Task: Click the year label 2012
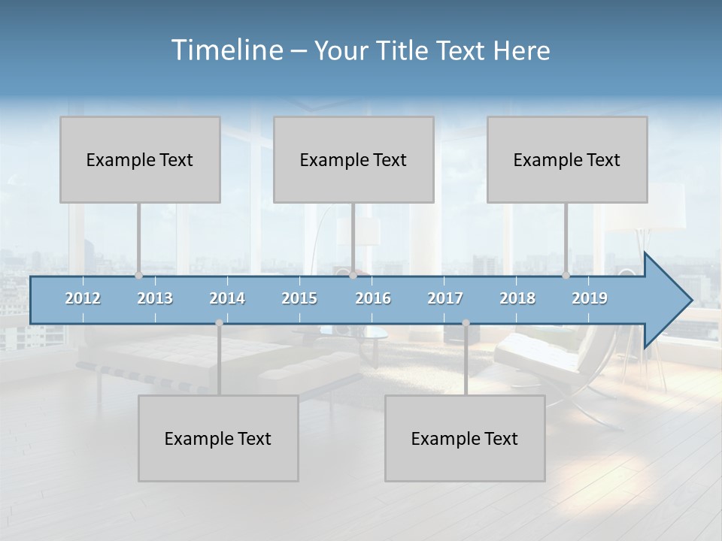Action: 83,298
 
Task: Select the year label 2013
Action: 155,298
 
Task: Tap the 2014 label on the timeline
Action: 227,298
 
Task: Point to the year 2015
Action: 299,298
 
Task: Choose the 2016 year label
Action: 373,298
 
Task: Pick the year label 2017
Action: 445,298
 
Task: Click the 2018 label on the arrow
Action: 517,298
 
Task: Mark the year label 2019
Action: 590,298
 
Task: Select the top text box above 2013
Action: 140,159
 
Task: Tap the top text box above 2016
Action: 353,159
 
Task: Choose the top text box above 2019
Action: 567,159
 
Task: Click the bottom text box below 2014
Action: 218,438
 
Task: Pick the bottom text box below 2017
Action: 465,438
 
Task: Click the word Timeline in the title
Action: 226,50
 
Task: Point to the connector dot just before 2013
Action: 138,275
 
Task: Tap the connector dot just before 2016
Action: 353,275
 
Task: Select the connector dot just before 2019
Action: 566,275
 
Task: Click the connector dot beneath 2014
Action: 219,323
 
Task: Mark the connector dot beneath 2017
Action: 466,323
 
